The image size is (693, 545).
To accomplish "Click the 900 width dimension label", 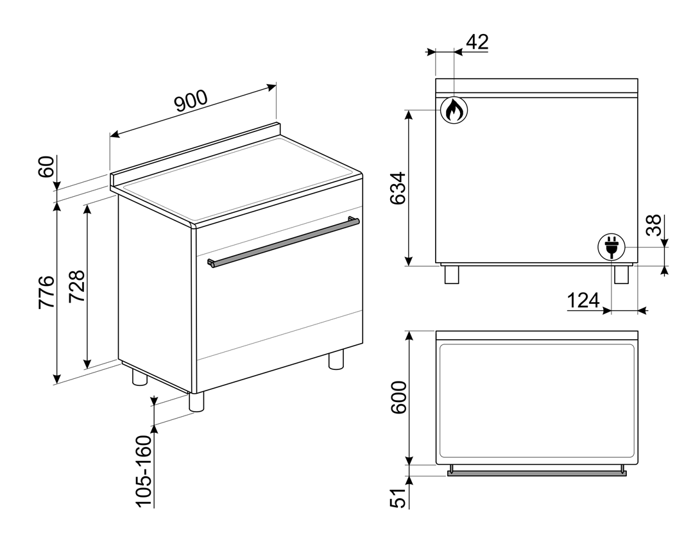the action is (191, 101).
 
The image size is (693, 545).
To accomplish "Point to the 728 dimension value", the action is (77, 286).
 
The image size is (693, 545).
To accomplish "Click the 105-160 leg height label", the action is (144, 471).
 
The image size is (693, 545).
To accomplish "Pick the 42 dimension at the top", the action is (478, 42).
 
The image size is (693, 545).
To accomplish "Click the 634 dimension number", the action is (398, 188).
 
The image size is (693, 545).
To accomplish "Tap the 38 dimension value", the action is (654, 225).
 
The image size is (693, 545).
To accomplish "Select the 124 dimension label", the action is (583, 301).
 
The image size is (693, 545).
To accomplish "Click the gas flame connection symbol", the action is (454, 110).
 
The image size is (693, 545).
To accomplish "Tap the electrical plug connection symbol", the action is (612, 247).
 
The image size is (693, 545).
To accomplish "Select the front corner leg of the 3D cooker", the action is (197, 402).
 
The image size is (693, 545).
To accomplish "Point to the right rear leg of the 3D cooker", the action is (336, 359).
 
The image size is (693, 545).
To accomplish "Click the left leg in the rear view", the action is (452, 274).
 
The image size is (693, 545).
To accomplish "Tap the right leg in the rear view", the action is (621, 274).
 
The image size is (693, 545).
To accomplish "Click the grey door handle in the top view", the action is (537, 473).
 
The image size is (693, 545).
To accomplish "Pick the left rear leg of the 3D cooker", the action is (140, 377).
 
